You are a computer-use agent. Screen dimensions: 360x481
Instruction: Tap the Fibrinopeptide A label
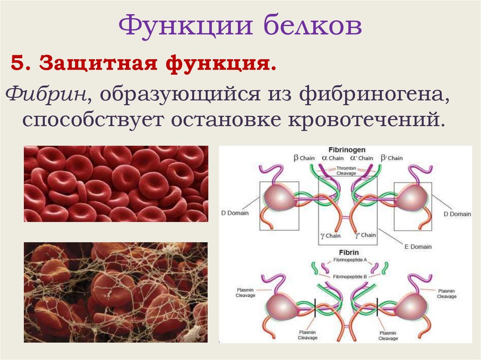347,260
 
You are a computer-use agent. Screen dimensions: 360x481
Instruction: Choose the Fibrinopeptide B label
347,276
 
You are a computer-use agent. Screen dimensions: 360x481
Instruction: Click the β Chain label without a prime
304,158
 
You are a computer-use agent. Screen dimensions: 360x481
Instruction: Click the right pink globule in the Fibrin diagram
410,308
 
